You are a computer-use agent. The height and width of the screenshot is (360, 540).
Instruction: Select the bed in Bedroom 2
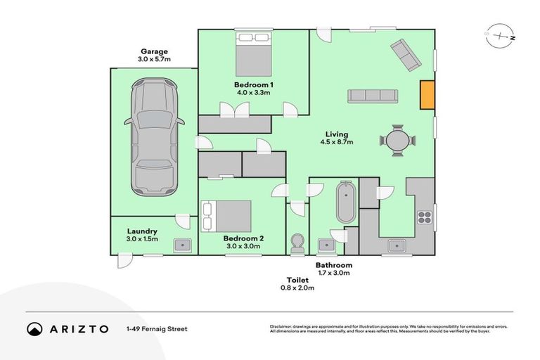pos(226,215)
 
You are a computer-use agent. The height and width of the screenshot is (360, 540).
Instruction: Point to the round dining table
pos(398,140)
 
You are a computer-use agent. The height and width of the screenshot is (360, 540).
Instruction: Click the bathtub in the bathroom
pos(346,202)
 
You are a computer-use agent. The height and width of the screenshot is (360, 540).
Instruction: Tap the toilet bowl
pos(297,243)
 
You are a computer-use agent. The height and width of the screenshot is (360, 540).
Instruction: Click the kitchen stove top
pos(425,216)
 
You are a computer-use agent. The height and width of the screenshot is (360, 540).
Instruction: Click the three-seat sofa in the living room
pos(373,96)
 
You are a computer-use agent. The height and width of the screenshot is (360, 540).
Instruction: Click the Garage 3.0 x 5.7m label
pos(155,56)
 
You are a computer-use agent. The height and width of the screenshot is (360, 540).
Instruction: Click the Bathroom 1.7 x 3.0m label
pos(333,269)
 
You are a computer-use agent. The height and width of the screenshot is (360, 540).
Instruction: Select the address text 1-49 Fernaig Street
pos(157,328)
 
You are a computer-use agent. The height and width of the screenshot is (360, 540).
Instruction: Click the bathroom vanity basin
pos(327,245)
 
